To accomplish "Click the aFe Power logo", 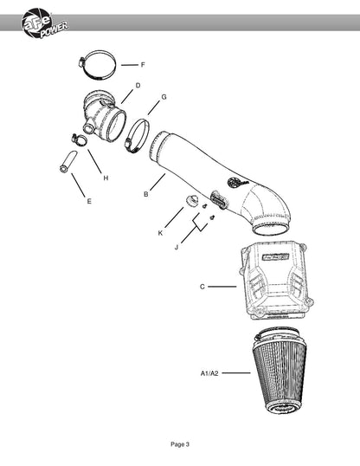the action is (x=44, y=24).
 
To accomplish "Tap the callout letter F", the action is (x=143, y=65).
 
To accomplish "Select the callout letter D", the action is (x=138, y=86).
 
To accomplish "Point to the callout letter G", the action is (x=164, y=97).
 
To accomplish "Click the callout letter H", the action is (x=106, y=178).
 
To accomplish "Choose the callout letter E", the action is (x=89, y=201).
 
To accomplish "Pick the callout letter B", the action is (x=146, y=194).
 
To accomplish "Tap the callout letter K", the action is (x=160, y=233).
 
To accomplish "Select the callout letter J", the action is (x=177, y=247).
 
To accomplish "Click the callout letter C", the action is (x=202, y=287).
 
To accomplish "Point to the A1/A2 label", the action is (x=209, y=373).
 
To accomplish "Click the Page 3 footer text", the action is (x=180, y=444).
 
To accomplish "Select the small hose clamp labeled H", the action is (x=80, y=139).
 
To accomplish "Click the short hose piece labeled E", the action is (x=68, y=162).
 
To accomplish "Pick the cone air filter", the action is (x=280, y=372).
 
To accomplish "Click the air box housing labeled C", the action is (x=275, y=281).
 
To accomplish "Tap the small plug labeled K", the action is (x=191, y=200).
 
